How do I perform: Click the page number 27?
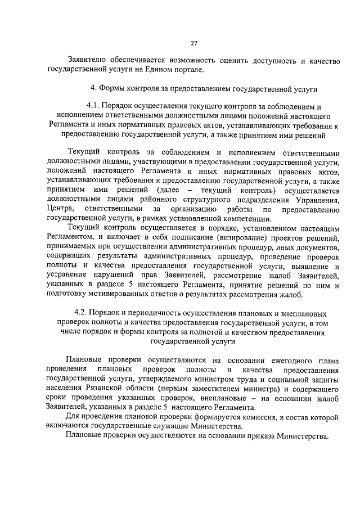point(193,43)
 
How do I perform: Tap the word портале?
point(184,70)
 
